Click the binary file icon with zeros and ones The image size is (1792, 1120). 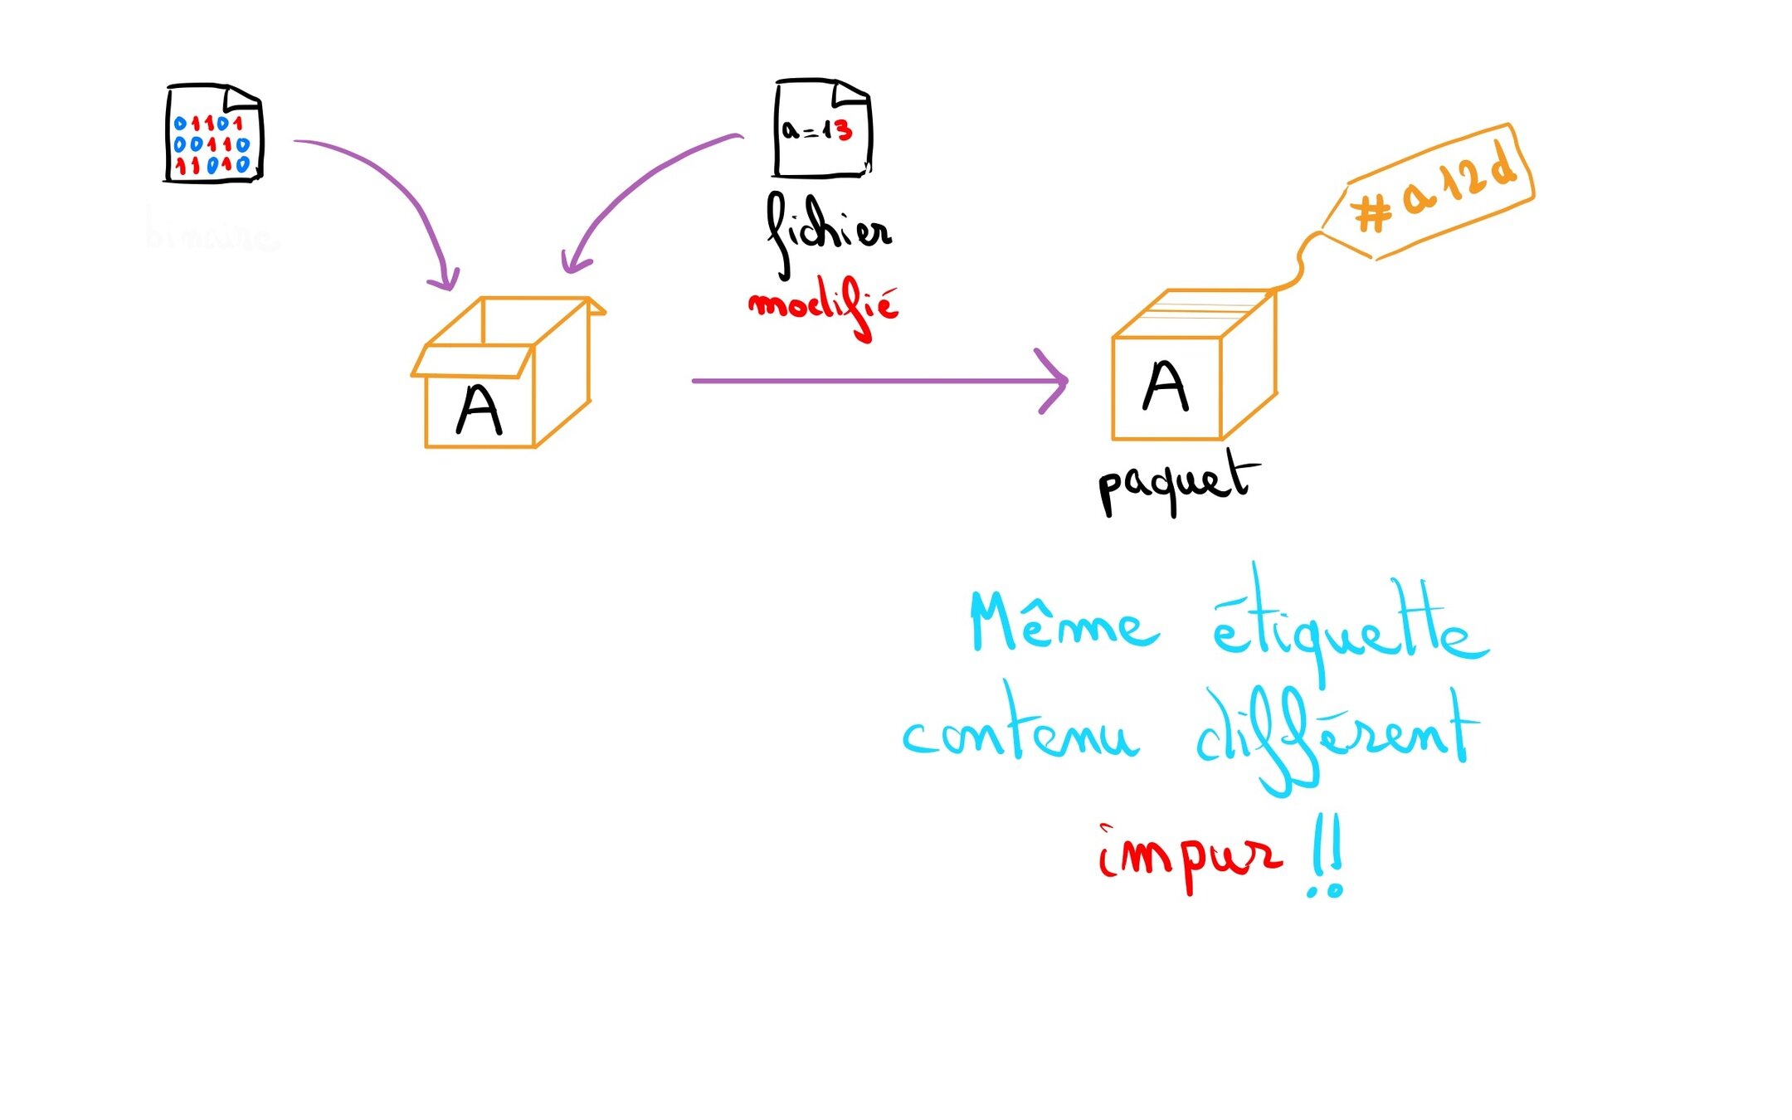(213, 134)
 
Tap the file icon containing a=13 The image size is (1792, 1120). (821, 129)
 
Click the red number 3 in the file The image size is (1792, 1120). (843, 130)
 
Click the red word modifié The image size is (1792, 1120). (824, 308)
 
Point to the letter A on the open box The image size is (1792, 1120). (479, 410)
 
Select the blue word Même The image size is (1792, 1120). (1063, 624)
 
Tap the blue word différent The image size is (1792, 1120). (1336, 738)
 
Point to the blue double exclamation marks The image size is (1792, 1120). (1327, 863)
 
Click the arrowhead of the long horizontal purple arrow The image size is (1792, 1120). (1057, 381)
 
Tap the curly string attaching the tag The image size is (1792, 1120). (1299, 259)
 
